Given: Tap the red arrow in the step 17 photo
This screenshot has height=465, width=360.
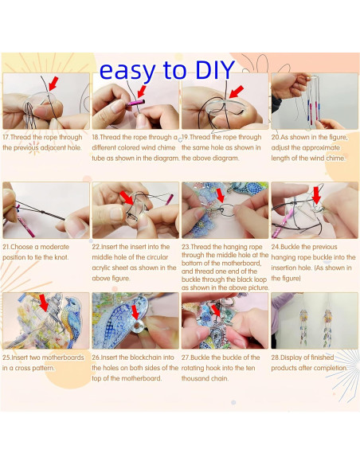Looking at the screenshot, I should (x=53, y=83).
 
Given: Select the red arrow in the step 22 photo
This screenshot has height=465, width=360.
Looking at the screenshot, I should (x=126, y=196).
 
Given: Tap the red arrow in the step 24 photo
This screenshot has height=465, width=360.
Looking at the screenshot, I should (x=316, y=193).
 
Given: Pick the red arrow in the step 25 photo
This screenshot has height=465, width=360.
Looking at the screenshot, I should (x=44, y=300).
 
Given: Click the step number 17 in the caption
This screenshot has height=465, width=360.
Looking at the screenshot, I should (x=7, y=137).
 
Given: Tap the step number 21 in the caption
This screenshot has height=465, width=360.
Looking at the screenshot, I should (x=7, y=247).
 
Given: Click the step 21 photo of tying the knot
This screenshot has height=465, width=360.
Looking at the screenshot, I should (x=45, y=211).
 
